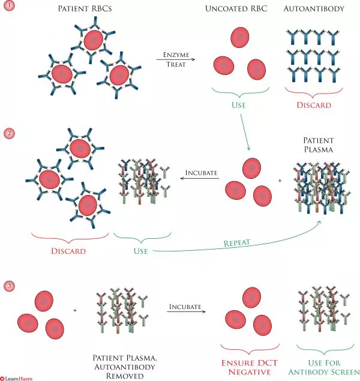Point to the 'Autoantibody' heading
pyautogui.click(x=316, y=10)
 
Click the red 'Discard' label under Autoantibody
pyautogui.click(x=316, y=105)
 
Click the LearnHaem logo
pyautogui.click(x=16, y=377)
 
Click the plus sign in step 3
pyautogui.click(x=75, y=311)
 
